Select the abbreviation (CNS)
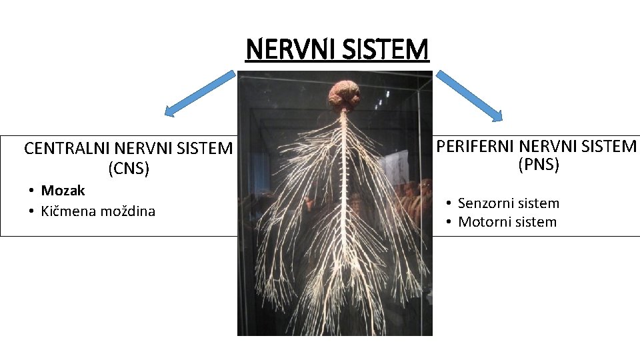(x=129, y=169)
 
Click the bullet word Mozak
(x=63, y=191)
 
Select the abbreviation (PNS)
(x=539, y=165)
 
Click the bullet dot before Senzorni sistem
(x=451, y=203)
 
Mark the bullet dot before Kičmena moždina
(x=31, y=211)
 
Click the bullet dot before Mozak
(x=31, y=191)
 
